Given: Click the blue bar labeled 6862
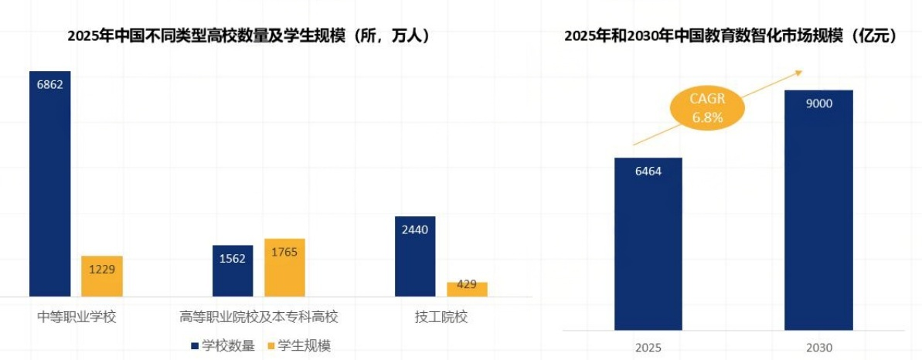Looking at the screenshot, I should pos(49,185).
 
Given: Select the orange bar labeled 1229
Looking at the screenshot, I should pos(102,277).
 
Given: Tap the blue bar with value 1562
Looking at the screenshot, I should pos(233,271).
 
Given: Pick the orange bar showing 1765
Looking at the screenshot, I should pos(284,267).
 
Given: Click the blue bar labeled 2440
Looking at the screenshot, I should pos(415,256).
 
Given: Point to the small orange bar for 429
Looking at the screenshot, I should pos(467,289).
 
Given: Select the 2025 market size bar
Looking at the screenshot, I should pos(648,244).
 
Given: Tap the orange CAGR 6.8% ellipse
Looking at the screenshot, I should pos(706,108).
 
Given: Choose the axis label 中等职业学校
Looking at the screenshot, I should pos(77,317).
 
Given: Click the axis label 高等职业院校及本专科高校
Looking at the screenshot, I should pos(259,317).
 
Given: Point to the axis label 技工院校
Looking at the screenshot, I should pos(441,317).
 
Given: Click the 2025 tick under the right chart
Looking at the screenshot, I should pos(648,348).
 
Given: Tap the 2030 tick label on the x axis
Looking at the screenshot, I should pos(818,348).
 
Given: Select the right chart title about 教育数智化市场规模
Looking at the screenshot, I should pos(730,36).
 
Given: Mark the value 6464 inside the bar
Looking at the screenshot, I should pos(648,171).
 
